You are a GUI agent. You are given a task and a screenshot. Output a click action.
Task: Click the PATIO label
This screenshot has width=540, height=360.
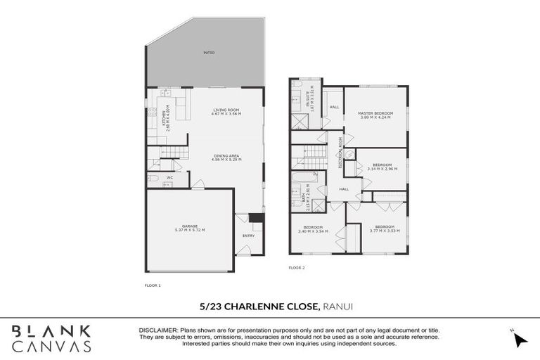pos(209,53)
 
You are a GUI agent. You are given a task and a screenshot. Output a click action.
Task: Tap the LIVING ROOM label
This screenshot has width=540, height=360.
pos(226,110)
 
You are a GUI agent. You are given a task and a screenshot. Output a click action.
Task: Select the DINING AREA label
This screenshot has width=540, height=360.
pos(226,156)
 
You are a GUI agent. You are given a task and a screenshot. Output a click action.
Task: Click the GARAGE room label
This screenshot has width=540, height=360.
pos(190,226)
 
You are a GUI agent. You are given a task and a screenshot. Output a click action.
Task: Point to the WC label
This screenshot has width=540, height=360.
pos(170,178)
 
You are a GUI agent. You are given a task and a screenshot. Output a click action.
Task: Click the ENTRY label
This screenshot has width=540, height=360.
pos(248,236)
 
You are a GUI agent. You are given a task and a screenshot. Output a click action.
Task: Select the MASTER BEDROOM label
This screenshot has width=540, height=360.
pos(374,113)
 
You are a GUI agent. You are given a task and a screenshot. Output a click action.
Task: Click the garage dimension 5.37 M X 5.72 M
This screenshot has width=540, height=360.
pos(190,231)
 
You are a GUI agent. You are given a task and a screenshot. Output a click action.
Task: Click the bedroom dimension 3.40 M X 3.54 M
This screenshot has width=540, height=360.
pos(313,231)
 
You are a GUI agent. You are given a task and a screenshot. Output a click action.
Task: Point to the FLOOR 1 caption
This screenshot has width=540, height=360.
pos(153,285)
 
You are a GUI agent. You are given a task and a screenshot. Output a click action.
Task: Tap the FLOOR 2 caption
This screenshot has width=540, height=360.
pos(297,268)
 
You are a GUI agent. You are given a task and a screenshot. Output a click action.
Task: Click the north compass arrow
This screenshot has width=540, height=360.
pos(520,340)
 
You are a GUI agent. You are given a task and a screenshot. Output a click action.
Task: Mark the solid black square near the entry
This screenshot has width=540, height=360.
pos(257,218)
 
